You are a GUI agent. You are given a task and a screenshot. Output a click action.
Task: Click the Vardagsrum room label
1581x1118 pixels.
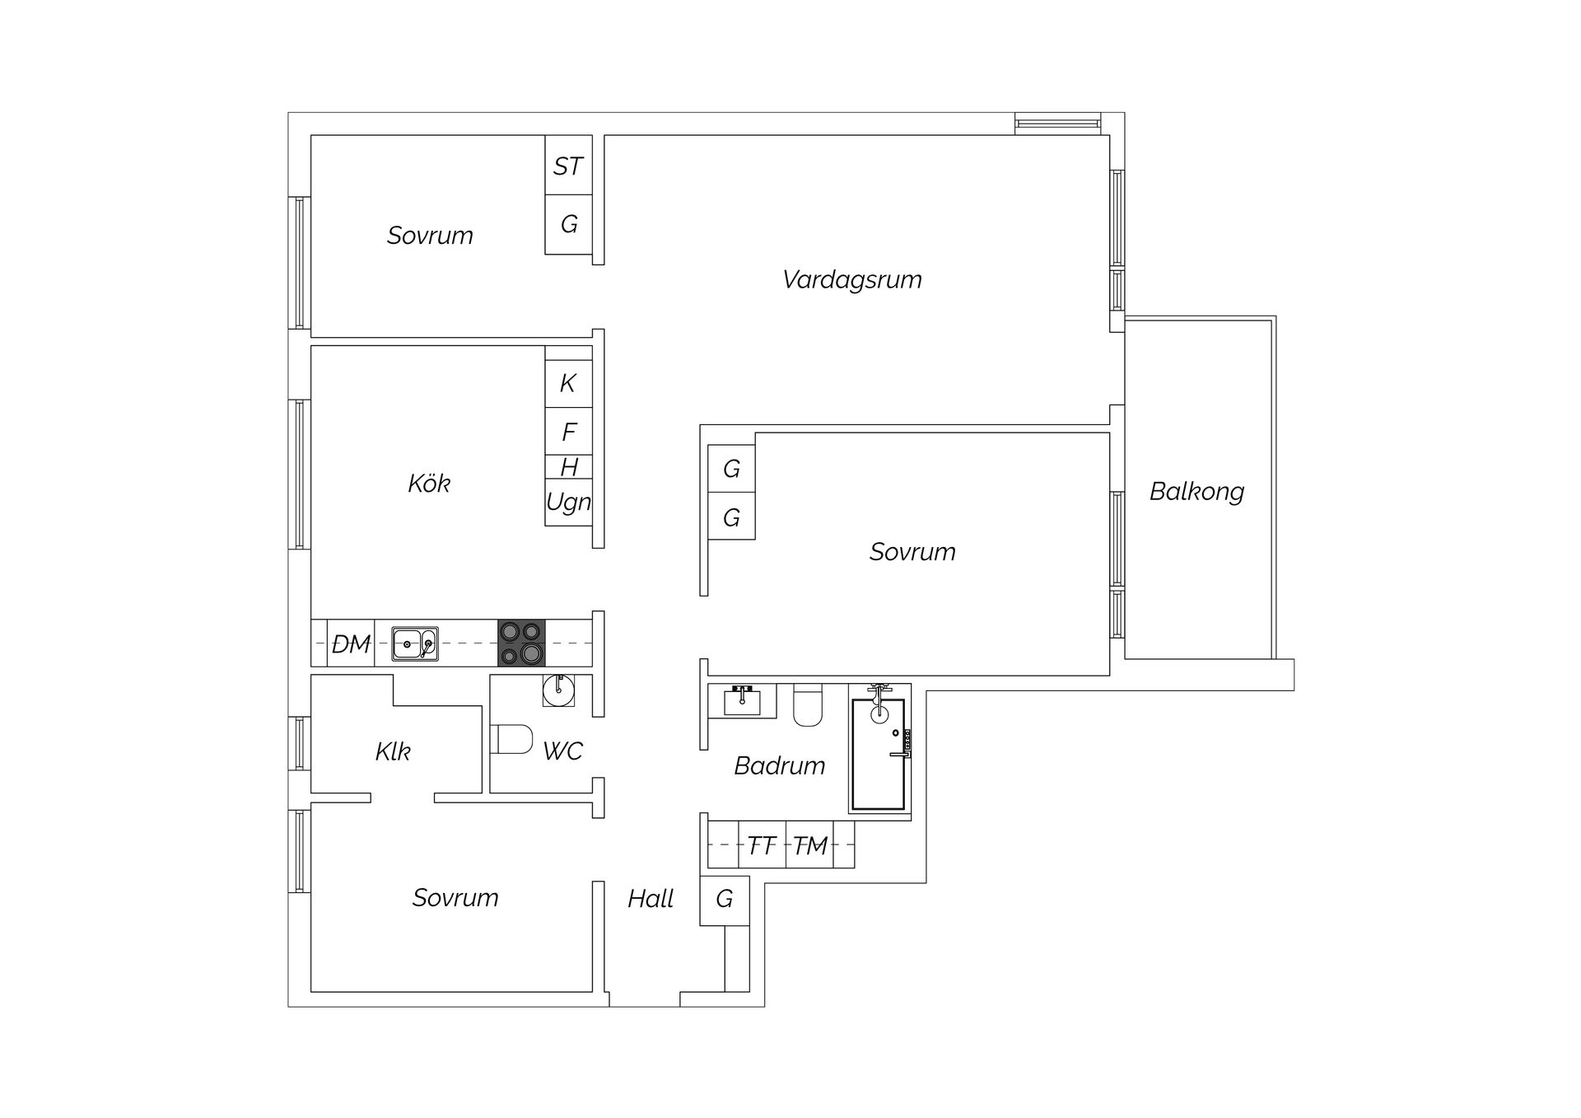coord(851,280)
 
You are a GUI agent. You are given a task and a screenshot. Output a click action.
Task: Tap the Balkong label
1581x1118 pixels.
coord(1196,492)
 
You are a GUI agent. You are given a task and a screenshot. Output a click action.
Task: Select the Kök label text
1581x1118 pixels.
coord(428,484)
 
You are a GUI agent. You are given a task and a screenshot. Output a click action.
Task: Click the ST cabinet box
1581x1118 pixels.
coord(568,166)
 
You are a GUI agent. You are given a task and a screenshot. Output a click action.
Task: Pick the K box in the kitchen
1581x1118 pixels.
coord(568,384)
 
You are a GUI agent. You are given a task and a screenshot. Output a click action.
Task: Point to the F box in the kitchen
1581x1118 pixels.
coord(568,431)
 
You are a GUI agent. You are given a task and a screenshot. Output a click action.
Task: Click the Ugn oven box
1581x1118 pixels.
coord(568,502)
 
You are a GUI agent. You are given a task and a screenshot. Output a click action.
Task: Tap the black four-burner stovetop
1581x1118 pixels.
coord(521,643)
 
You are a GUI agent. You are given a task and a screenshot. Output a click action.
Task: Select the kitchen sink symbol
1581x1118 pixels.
coord(414,643)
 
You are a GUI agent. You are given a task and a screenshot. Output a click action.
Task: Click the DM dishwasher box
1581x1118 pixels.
coord(351,643)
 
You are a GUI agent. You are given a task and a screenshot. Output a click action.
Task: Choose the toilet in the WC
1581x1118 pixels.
coord(511,739)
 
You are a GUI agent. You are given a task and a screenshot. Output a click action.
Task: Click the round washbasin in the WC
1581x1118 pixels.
coord(559,690)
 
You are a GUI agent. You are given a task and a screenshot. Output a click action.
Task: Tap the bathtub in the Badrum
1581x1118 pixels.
coord(879,754)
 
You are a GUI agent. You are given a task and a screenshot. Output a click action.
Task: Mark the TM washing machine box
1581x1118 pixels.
coord(809,845)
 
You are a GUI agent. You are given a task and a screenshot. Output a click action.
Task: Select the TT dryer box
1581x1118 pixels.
coord(762,845)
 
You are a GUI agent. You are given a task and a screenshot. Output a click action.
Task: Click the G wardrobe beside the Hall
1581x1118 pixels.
coord(725,900)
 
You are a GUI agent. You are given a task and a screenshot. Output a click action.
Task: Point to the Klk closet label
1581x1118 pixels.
coord(393,751)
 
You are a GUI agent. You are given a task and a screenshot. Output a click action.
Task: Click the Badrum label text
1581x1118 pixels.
coord(779,766)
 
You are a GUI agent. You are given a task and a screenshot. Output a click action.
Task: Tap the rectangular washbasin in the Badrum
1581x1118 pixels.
coord(743,701)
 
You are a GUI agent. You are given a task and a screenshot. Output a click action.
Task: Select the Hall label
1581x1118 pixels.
coord(651,899)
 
